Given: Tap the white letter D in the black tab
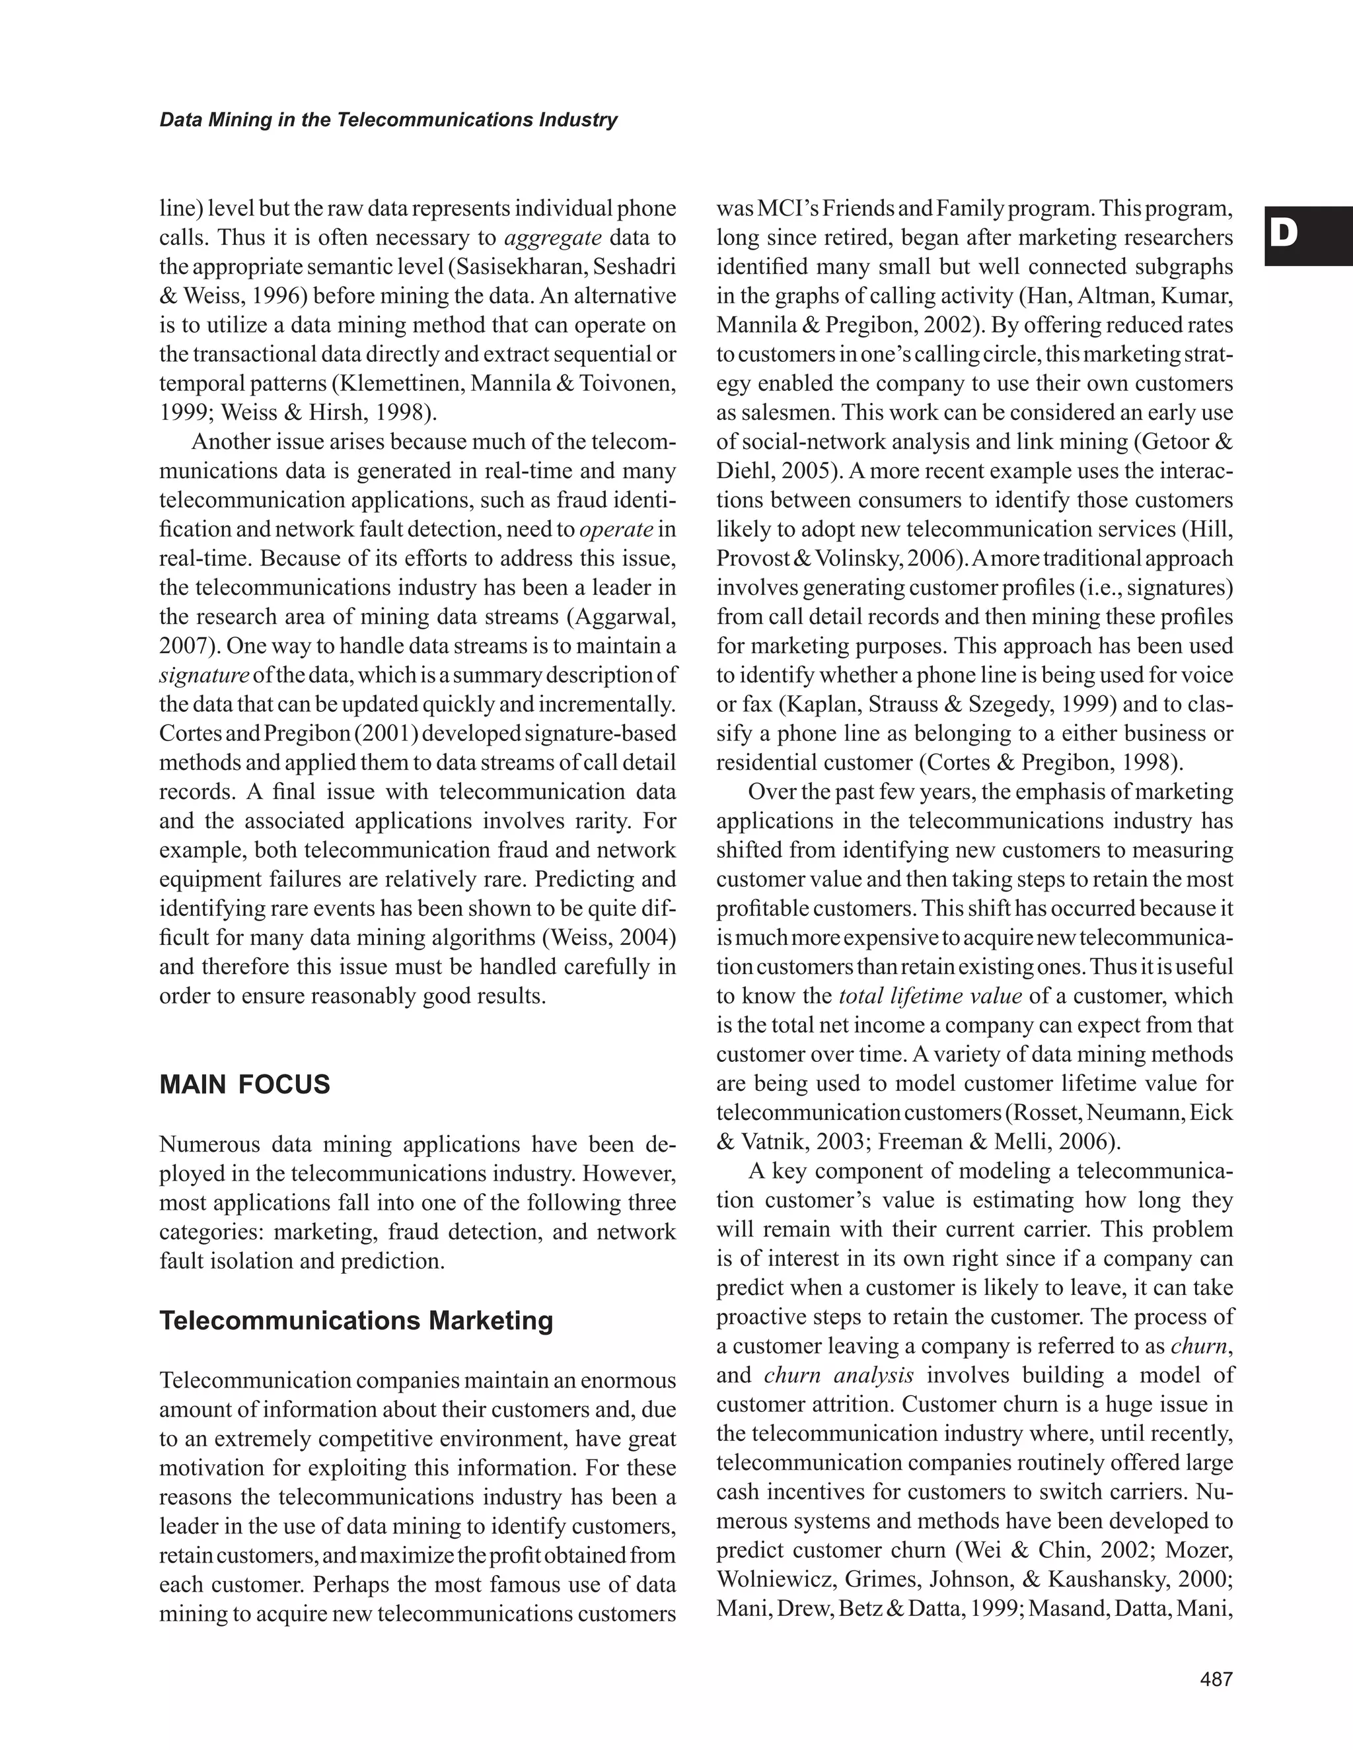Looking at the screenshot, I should coord(1285,233).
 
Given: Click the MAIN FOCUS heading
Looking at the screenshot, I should coord(244,1085).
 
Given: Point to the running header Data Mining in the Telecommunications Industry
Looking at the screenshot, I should coord(388,120).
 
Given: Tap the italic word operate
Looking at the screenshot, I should coord(616,530).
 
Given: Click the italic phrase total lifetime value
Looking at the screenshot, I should coord(930,996).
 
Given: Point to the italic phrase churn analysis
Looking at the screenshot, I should coord(838,1375).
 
